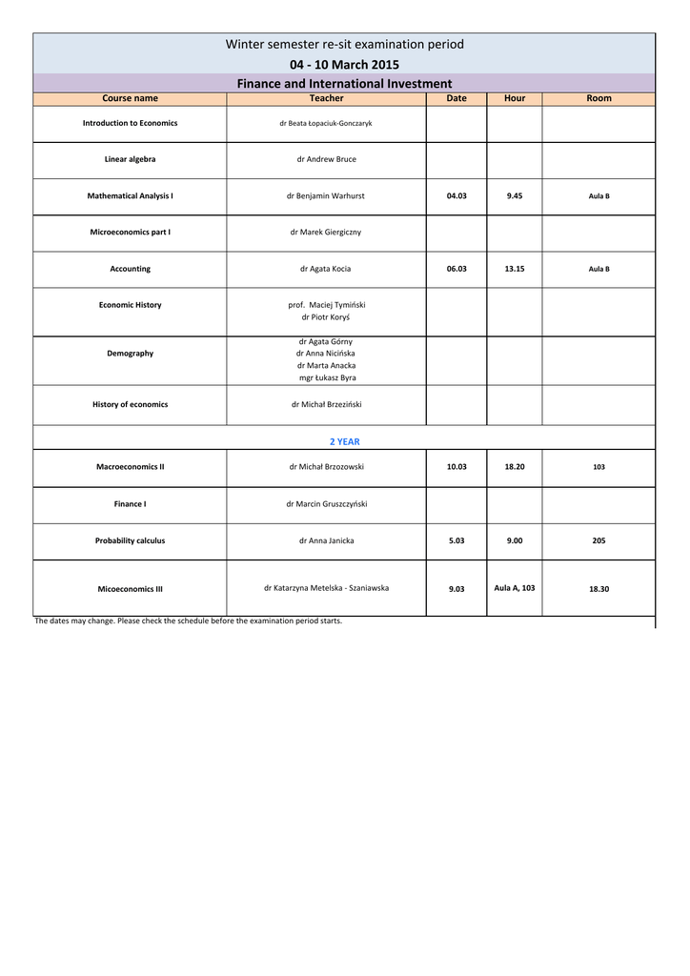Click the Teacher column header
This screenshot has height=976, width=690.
point(326,98)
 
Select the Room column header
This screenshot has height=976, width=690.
point(599,98)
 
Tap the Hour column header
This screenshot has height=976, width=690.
point(515,98)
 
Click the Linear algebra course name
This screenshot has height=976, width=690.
point(130,159)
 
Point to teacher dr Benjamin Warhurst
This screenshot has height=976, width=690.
point(326,195)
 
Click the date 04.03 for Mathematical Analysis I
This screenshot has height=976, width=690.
point(457,195)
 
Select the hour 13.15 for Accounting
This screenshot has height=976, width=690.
point(515,269)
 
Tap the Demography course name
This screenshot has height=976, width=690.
point(130,354)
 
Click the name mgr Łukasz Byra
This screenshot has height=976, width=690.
point(327,377)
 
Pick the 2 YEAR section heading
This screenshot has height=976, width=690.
point(344,441)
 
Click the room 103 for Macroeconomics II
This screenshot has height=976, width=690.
point(599,467)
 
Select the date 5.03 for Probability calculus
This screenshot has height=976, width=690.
point(457,540)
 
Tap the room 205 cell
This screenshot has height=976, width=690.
point(599,540)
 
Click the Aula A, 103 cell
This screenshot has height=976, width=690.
point(515,588)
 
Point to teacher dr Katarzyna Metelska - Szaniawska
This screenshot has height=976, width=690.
point(326,588)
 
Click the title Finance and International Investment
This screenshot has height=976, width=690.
point(344,84)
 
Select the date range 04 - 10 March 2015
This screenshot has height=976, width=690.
point(344,65)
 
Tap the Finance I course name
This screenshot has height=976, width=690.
point(130,504)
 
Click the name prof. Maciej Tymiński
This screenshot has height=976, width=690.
point(327,305)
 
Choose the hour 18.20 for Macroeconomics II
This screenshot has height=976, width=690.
point(515,467)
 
